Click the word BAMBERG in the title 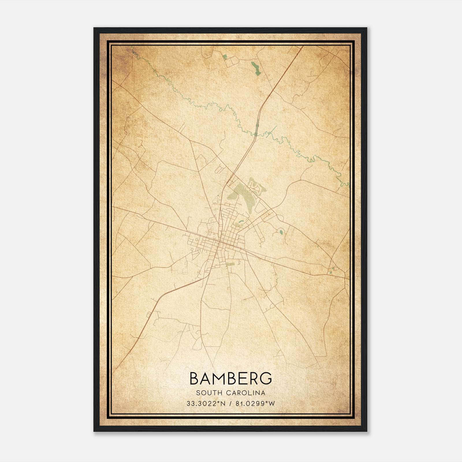click(231, 378)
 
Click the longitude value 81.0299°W click(255, 404)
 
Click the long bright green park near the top click(255, 69)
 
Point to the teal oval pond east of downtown click(281, 231)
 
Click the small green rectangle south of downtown click(230, 264)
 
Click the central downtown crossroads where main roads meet click(220, 242)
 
